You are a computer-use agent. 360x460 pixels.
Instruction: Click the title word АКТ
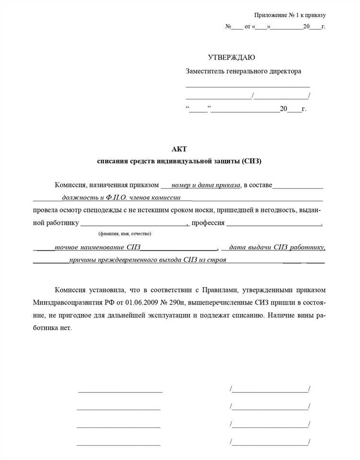tap(179, 149)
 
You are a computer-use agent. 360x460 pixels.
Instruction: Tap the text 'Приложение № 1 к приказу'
tap(290, 15)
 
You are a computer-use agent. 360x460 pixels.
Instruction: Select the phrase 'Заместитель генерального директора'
tap(243, 71)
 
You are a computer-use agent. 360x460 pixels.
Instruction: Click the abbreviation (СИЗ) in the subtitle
tap(252, 161)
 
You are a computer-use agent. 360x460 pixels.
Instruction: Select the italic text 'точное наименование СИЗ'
tap(97, 248)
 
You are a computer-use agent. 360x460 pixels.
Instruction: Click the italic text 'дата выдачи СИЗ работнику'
tap(277, 248)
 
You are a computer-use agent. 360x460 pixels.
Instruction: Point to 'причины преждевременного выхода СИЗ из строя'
tap(147, 260)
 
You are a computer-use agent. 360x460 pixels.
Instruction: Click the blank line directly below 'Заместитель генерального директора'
tap(248, 86)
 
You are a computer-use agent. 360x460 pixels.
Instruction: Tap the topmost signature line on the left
tap(120, 392)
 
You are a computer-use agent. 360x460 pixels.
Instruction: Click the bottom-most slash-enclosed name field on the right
tap(270, 442)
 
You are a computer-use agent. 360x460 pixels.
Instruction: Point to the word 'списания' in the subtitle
tap(112, 161)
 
